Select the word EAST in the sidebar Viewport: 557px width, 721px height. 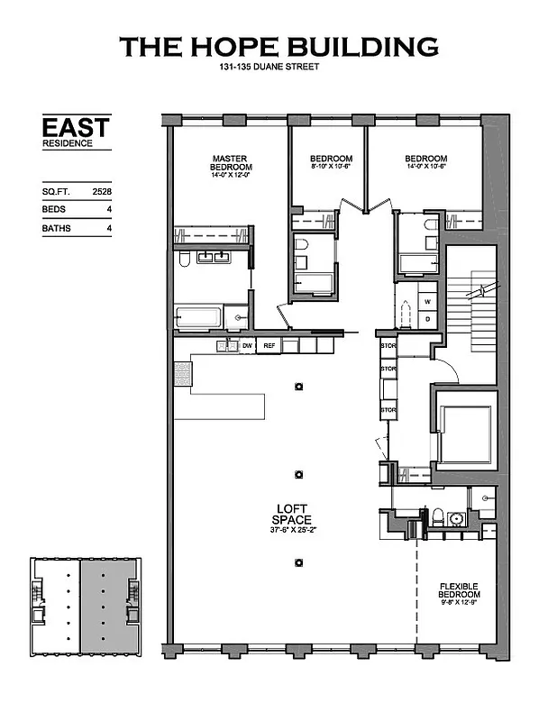point(76,127)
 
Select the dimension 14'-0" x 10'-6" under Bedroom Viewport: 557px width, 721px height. point(425,168)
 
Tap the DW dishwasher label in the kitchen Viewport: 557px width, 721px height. point(247,345)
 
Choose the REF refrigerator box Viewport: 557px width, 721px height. point(269,345)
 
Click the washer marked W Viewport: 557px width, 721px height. point(428,301)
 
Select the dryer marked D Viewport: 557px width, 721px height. point(428,319)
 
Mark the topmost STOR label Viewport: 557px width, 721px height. point(388,345)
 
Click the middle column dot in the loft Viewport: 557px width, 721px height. point(298,474)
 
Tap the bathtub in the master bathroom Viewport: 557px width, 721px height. point(198,318)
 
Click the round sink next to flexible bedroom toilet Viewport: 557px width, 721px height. point(456,519)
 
